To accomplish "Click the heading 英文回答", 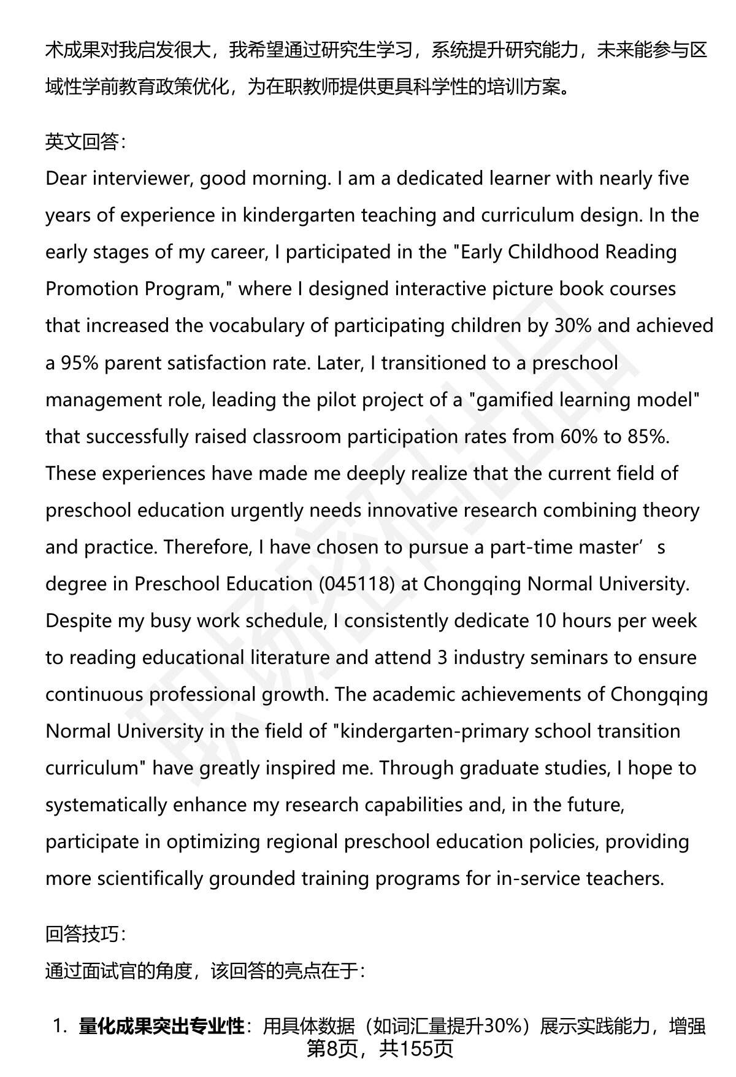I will (85, 142).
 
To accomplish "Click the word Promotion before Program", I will (93, 289).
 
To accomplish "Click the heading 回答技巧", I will (85, 935).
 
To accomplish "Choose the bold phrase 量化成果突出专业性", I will (161, 1026).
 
